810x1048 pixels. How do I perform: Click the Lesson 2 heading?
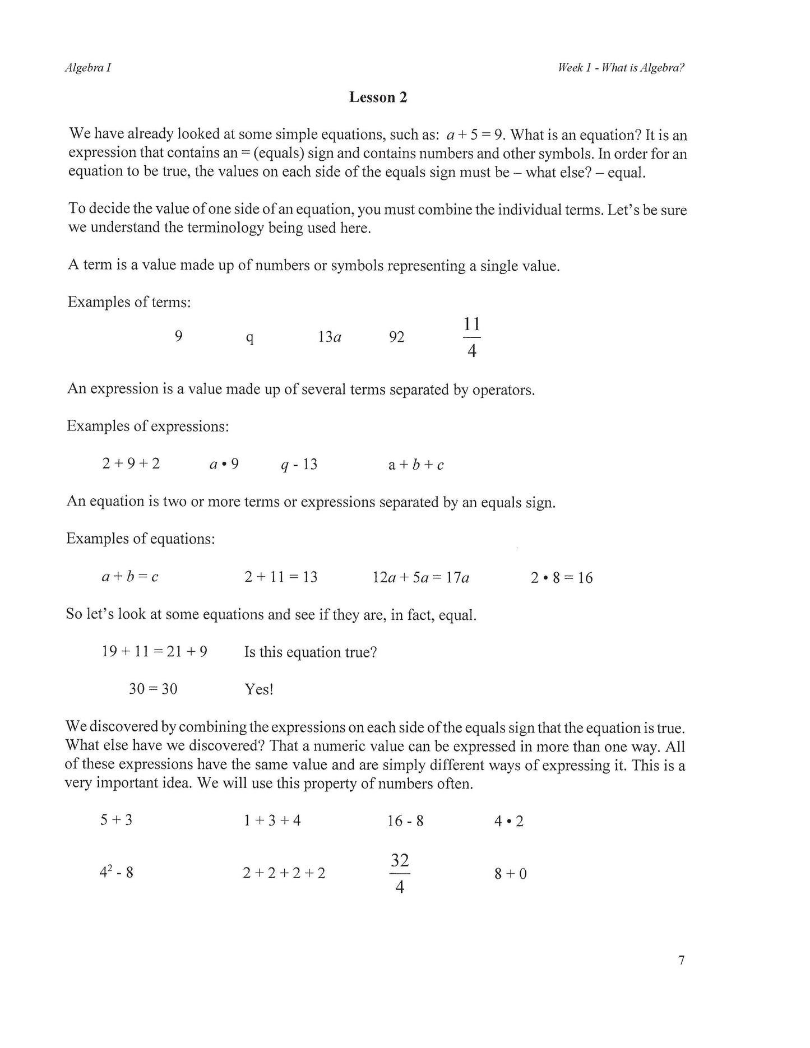tap(378, 98)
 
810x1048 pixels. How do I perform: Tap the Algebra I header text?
tap(88, 68)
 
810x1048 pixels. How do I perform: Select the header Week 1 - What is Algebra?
tap(621, 68)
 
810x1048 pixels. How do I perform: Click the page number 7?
tap(681, 960)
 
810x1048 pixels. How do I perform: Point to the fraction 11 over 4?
tap(472, 337)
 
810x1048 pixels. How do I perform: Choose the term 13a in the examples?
tap(330, 337)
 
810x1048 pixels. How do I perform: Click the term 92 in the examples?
tap(396, 337)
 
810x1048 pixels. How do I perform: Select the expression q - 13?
tap(299, 464)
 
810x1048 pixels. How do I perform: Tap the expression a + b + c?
tap(416, 465)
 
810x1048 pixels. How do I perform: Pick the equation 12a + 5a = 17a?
tap(420, 577)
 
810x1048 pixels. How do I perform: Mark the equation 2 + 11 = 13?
tap(281, 577)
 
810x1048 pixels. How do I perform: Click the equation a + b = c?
tap(129, 577)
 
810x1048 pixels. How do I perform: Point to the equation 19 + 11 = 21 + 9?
tap(155, 651)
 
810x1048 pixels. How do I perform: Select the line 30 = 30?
tap(153, 689)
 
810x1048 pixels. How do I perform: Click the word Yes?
tap(259, 689)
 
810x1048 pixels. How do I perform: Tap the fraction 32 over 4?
tap(400, 874)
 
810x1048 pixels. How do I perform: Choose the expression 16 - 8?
tap(405, 821)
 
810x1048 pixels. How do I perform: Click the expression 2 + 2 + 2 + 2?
tap(284, 873)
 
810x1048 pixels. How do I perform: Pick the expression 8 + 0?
tap(511, 874)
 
